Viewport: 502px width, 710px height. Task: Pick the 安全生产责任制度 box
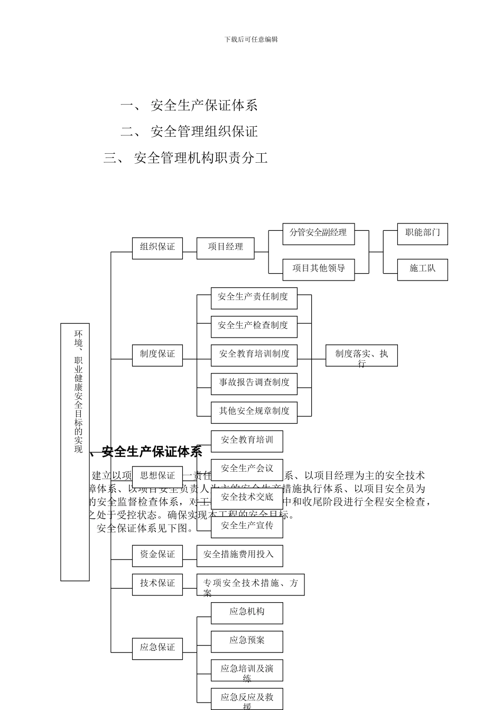[254, 298]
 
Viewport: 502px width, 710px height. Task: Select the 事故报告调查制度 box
[254, 384]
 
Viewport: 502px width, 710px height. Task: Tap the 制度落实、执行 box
[361, 356]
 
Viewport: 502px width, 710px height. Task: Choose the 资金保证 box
[157, 555]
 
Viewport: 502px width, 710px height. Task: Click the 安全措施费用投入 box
[239, 555]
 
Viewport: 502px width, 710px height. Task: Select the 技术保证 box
[157, 584]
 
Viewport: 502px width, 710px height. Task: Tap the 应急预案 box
[247, 641]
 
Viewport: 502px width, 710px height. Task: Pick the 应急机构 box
[247, 613]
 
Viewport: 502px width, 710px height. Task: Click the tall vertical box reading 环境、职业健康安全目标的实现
[75, 452]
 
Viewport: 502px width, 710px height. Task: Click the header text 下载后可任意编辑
[251, 39]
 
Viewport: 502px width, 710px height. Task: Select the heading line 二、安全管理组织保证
[189, 132]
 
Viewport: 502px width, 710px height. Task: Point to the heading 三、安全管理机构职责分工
[185, 158]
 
